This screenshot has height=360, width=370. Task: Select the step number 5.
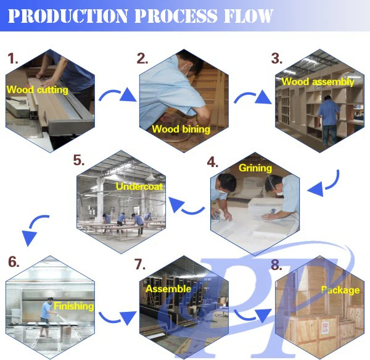[x=79, y=162]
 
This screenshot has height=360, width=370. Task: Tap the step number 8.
[x=276, y=265]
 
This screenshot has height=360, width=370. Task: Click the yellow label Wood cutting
[x=37, y=89]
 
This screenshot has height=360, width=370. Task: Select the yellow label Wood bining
[x=181, y=129]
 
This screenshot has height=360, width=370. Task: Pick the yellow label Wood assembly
[x=318, y=81]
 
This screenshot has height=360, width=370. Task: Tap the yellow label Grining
[x=255, y=168]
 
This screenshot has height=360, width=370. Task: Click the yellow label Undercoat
[x=139, y=186]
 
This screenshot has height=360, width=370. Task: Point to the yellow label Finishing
[x=73, y=306]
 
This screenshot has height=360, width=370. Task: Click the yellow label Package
[x=340, y=290]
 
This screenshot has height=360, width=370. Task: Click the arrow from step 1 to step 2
[x=118, y=96]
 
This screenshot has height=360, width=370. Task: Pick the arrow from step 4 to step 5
[x=187, y=206]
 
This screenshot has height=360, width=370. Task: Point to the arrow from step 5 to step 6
[x=34, y=229]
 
